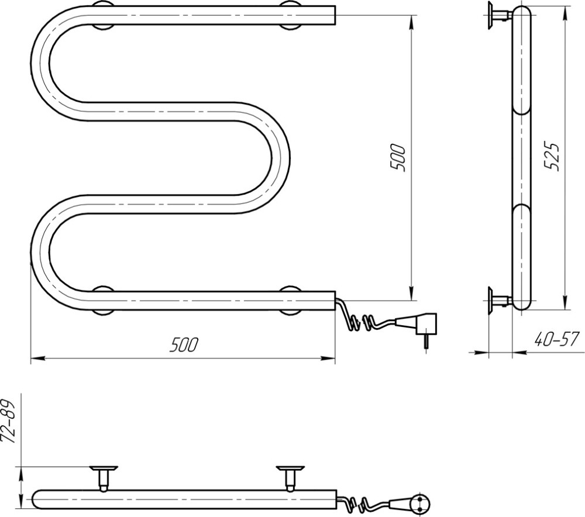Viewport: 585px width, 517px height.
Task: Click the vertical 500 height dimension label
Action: (x=398, y=157)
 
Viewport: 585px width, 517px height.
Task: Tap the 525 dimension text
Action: (x=552, y=157)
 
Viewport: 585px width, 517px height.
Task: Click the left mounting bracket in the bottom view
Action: (x=104, y=477)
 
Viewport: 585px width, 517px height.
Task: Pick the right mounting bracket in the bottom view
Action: (x=290, y=477)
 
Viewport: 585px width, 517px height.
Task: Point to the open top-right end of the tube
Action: (x=335, y=15)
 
